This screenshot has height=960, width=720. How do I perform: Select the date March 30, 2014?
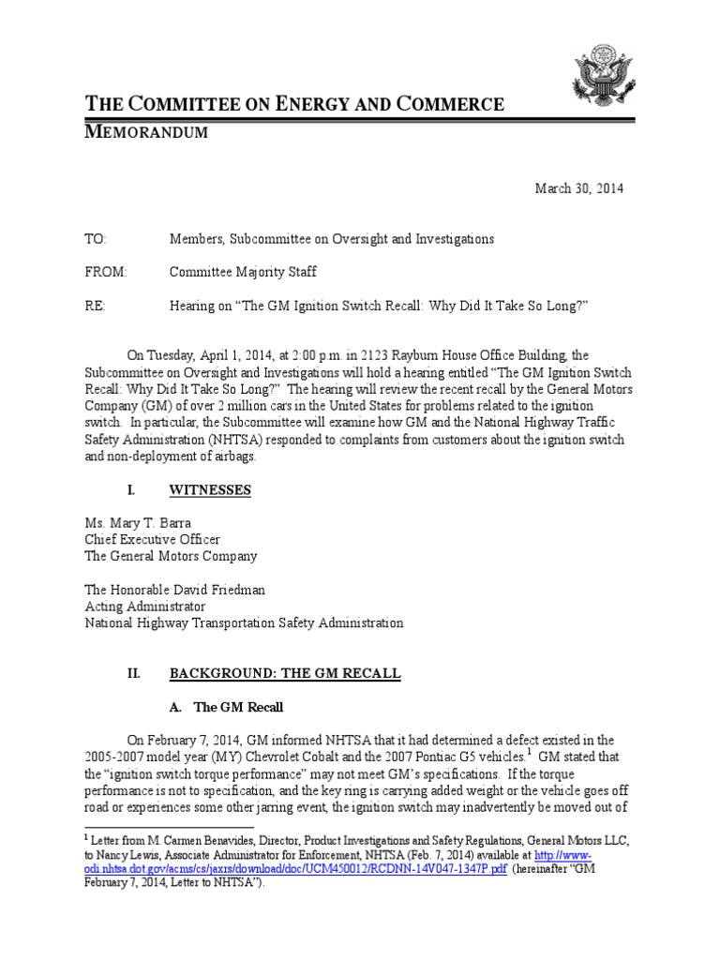pos(578,188)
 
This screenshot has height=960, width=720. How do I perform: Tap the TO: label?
pos(97,239)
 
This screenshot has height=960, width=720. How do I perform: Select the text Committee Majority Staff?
pos(243,272)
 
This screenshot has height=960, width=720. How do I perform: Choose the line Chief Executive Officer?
pos(153,540)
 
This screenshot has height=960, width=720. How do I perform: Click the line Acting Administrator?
pos(145,606)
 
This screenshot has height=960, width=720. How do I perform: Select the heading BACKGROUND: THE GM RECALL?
pos(285,673)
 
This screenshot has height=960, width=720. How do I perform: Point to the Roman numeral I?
pos(132,490)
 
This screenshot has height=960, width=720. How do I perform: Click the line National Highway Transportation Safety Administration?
pos(244,622)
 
